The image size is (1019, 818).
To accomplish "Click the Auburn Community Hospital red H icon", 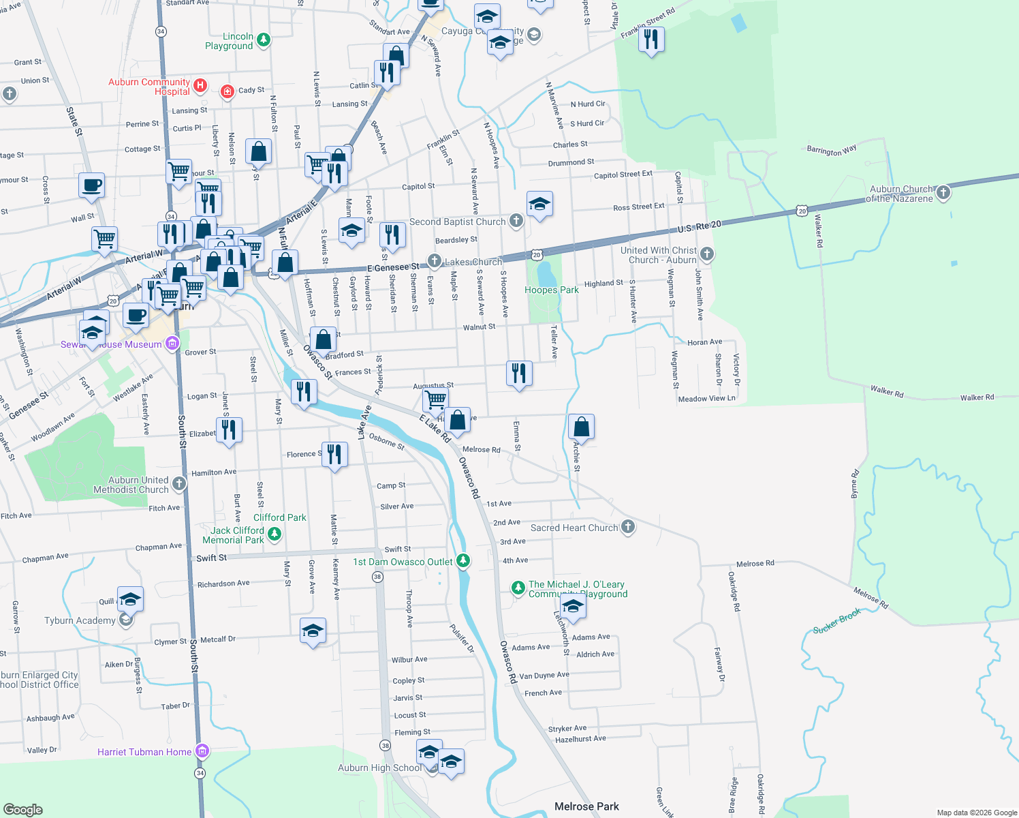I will (200, 85).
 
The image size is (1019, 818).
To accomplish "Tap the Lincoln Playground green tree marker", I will (264, 40).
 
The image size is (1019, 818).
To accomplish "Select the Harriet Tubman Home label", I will (144, 752).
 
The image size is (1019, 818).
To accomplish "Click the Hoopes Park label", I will (551, 290).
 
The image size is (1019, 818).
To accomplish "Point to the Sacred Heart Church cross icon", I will (628, 527).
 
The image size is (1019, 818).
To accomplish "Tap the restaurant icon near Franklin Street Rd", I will (651, 40).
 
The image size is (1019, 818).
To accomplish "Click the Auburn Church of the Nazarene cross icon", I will (943, 193).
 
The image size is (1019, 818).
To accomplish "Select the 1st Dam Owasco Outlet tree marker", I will (463, 561).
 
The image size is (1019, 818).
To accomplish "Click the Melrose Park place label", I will (586, 806).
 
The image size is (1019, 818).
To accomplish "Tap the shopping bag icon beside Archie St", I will (581, 427).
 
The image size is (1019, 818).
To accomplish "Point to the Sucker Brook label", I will (836, 621).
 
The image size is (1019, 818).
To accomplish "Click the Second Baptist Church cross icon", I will (516, 220).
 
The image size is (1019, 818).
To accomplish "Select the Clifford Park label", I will (279, 517).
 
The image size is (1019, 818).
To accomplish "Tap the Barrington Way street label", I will (831, 150).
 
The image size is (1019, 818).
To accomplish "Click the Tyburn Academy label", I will (80, 620).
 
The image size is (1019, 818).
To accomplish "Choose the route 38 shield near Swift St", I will (377, 577).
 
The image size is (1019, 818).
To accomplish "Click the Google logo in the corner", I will (22, 809).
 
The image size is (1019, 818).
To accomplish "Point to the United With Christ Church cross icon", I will (707, 255).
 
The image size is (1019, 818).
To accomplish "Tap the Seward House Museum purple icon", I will (172, 343).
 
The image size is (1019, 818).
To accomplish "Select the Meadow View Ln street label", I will (706, 399).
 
